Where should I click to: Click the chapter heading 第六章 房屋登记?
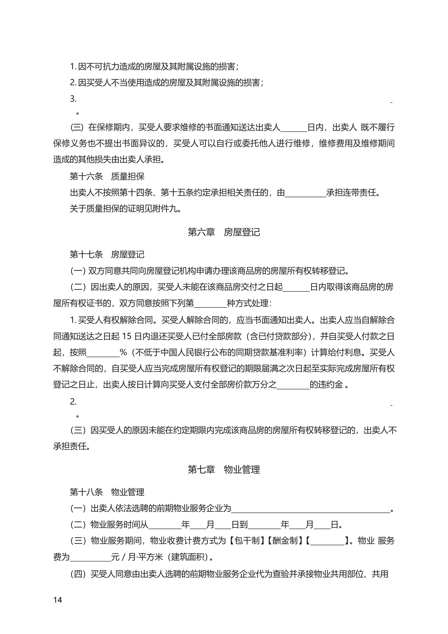pos(224,232)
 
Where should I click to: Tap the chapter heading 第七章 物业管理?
pos(224,469)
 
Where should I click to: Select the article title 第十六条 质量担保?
pos(107,176)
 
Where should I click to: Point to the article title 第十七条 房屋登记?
pos(107,254)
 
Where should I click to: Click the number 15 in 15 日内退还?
pos(126,336)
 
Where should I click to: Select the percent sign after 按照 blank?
pos(123,352)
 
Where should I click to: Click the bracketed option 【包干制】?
pos(247,541)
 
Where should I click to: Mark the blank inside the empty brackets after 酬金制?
pos(327,541)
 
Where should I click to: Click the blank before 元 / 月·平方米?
pos(90,557)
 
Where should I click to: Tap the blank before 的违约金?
pos(293,385)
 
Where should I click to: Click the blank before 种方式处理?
pos(210,304)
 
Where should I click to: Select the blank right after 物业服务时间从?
pos(165,525)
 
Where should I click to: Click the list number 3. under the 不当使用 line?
pos(73,99)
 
